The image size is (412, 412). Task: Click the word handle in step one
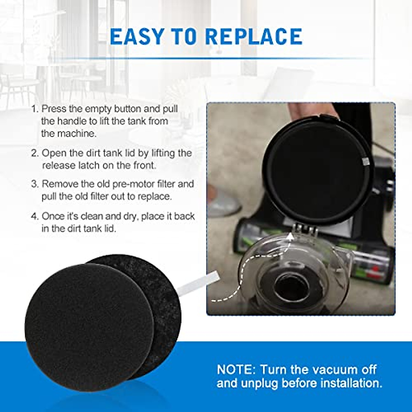72,121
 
